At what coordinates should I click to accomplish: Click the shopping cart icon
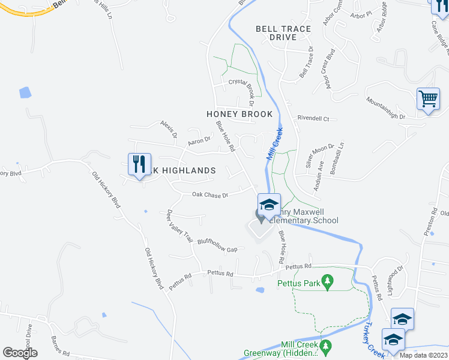click(x=427, y=98)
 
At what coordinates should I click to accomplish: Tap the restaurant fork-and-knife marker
click(x=139, y=164)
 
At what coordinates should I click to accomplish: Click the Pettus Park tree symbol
click(x=327, y=280)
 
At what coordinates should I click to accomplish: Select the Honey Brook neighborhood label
click(x=240, y=114)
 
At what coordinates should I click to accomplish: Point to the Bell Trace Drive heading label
click(x=283, y=33)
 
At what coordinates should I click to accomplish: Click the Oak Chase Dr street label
click(x=210, y=195)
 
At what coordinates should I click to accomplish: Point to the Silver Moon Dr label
click(x=319, y=157)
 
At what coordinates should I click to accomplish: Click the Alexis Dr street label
click(x=169, y=128)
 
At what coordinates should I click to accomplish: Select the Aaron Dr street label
click(x=199, y=141)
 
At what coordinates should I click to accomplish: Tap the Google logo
click(x=20, y=353)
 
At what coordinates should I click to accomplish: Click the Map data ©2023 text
click(x=424, y=355)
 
